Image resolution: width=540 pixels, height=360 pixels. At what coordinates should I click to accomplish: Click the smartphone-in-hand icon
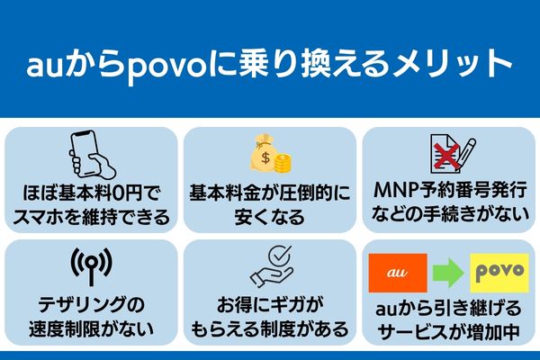click(90, 157)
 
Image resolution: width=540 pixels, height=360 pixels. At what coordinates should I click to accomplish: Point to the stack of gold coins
click(283, 164)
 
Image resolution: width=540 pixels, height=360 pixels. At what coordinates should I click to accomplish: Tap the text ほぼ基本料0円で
click(90, 193)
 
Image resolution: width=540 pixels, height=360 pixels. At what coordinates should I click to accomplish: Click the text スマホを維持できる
click(90, 217)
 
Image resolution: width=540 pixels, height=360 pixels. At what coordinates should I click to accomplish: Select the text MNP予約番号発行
click(448, 193)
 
